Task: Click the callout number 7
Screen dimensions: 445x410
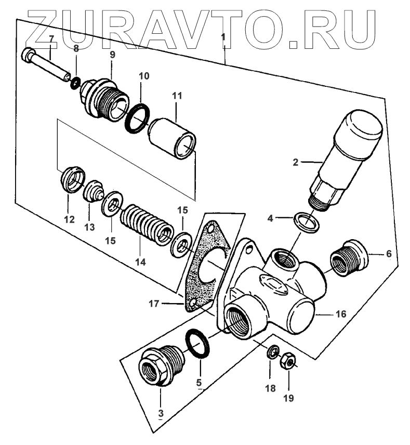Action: pyautogui.click(x=51, y=38)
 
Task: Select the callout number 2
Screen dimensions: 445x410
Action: pyautogui.click(x=295, y=162)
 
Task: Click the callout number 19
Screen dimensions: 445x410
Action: pyautogui.click(x=288, y=399)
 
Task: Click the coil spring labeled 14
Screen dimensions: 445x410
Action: pyautogui.click(x=143, y=224)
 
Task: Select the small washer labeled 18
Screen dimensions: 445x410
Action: pyautogui.click(x=271, y=353)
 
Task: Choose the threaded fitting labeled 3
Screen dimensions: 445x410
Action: pyautogui.click(x=160, y=367)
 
